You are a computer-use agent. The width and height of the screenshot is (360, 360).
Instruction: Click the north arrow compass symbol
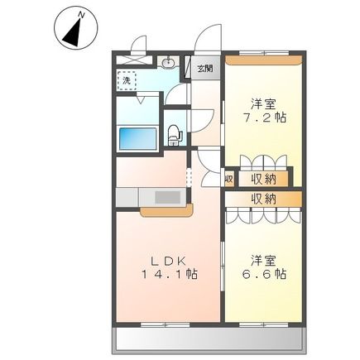click(72, 30)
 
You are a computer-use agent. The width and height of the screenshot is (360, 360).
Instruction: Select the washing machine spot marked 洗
click(127, 80)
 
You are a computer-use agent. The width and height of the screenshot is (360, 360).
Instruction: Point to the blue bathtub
click(137, 137)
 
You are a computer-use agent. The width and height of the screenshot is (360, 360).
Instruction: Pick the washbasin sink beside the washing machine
click(169, 62)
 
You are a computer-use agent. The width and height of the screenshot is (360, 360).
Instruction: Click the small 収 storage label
click(229, 177)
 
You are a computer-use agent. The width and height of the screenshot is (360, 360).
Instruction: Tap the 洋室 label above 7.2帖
click(264, 104)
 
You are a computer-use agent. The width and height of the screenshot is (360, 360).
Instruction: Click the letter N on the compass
click(79, 14)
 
